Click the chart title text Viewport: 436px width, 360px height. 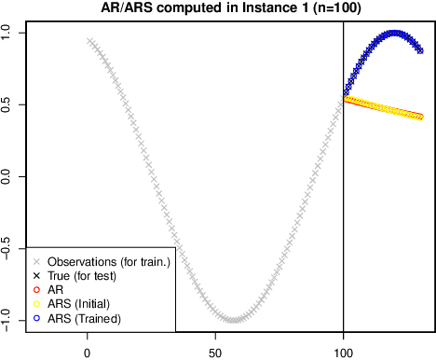(x=217, y=8)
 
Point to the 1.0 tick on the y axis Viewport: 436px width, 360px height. (x=8, y=31)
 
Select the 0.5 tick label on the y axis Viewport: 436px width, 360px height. (x=8, y=104)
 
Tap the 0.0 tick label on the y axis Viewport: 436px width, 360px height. (x=8, y=176)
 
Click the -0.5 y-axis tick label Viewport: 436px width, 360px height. (x=8, y=249)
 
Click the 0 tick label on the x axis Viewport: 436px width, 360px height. (x=88, y=353)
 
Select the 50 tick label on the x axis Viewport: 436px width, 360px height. (x=216, y=353)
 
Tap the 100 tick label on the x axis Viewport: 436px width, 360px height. (x=344, y=353)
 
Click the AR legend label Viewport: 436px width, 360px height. (x=54, y=291)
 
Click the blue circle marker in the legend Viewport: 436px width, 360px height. (x=35, y=319)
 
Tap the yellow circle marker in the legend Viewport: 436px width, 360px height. (x=35, y=305)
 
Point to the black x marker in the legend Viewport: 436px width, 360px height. (x=35, y=276)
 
